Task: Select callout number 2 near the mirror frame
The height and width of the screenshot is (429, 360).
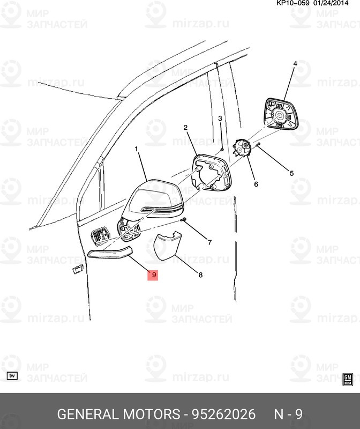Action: click(x=185, y=128)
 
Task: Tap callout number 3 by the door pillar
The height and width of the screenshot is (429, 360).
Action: click(x=220, y=119)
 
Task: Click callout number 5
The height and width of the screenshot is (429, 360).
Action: click(x=292, y=173)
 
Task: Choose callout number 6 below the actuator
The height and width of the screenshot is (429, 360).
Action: click(x=256, y=184)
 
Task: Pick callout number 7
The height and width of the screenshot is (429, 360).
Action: click(x=209, y=242)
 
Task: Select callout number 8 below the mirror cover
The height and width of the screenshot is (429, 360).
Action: click(x=200, y=275)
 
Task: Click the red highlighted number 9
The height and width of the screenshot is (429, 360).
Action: click(x=153, y=275)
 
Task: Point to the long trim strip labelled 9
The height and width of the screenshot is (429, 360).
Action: click(x=110, y=252)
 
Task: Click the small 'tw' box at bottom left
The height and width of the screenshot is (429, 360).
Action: click(x=12, y=376)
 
